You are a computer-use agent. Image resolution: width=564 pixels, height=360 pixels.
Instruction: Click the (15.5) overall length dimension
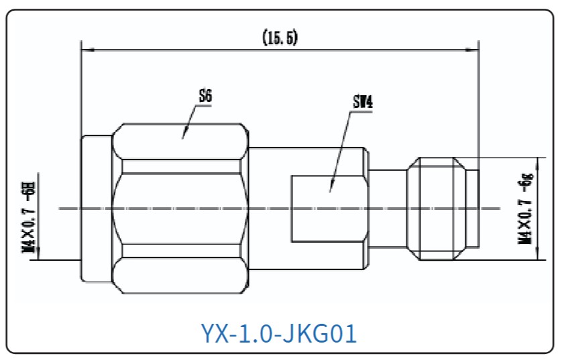[x=280, y=38]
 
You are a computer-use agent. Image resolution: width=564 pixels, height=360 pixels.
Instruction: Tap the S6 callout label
[x=205, y=96]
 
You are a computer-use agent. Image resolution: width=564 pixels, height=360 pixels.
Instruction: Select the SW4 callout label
[x=363, y=102]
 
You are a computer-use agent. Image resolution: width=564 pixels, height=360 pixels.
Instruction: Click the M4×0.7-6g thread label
[x=526, y=208]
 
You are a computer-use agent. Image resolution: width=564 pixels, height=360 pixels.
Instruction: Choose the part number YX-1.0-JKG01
[x=278, y=333]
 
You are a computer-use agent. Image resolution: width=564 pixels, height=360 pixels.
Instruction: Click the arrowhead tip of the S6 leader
[x=182, y=139]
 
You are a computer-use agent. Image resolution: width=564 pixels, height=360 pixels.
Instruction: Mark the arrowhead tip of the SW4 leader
[x=330, y=192]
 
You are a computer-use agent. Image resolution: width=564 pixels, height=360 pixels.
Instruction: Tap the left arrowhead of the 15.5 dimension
[x=82, y=50]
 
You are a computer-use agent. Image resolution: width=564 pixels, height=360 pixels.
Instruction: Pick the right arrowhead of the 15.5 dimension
[x=478, y=50]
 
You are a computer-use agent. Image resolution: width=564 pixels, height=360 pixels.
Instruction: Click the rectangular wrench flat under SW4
[x=329, y=208]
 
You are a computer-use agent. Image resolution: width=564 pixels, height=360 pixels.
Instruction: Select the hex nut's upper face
[x=180, y=141]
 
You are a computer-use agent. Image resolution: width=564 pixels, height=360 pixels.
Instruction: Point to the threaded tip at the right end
[x=443, y=208]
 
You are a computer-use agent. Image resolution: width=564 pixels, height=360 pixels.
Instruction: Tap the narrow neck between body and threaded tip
[x=388, y=208]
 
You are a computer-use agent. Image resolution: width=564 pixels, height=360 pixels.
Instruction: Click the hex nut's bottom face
[x=180, y=276]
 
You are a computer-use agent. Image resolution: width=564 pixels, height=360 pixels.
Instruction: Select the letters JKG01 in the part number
[x=318, y=333]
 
